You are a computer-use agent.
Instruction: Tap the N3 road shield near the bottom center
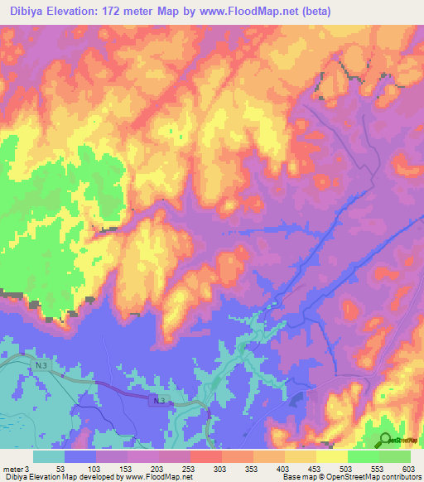(160, 400)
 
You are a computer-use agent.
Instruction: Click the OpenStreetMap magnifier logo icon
(385, 439)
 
